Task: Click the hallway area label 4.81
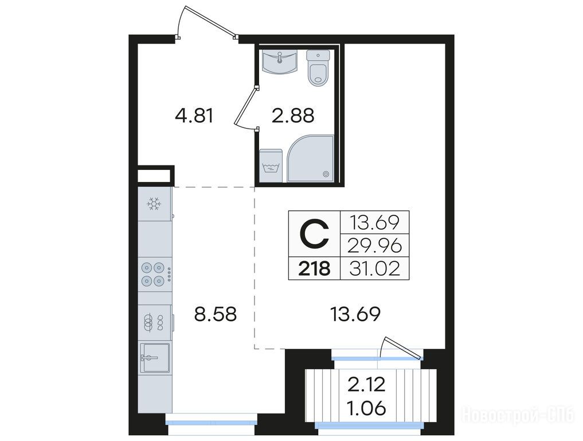194,115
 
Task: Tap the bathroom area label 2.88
293,115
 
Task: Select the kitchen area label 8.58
216,314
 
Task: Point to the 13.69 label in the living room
355,314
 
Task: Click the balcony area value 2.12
366,385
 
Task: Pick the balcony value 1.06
366,409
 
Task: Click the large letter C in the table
315,234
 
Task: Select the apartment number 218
315,268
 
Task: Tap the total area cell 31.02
375,268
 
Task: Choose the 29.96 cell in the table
375,245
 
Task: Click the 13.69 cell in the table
375,223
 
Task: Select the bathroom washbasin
279,62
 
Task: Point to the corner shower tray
311,158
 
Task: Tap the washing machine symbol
271,166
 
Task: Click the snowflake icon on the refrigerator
154,204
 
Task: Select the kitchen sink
155,358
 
